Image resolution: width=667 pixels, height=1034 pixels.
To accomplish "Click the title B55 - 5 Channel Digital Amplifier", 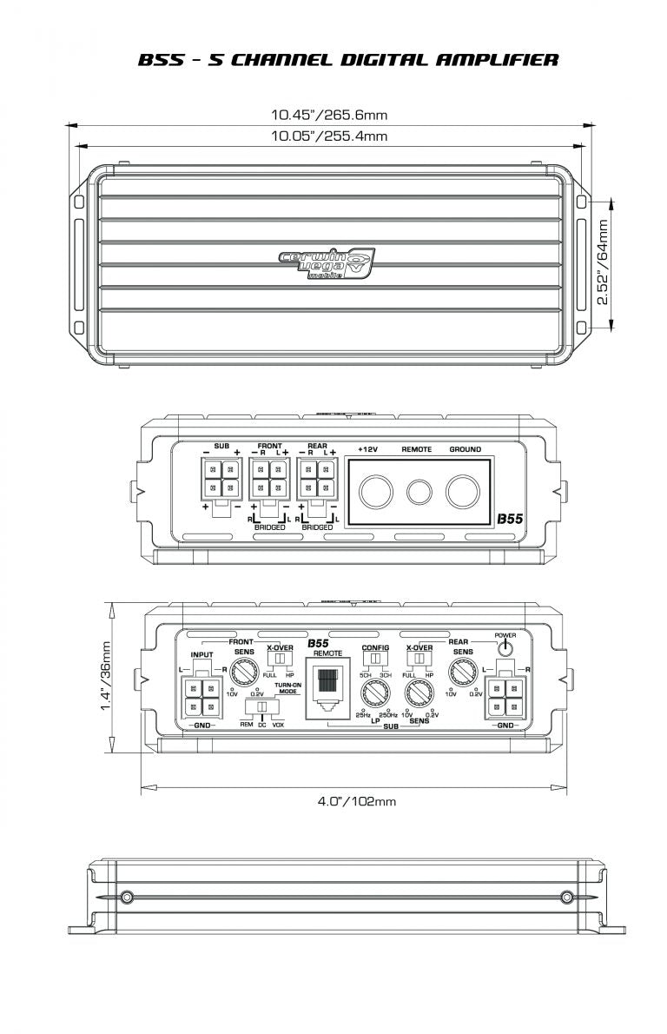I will click(x=347, y=60).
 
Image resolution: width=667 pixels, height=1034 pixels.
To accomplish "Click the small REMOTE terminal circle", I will click(x=419, y=492).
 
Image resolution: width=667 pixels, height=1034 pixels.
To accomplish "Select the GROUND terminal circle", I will click(x=465, y=491).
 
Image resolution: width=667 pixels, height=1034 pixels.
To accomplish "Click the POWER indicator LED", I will click(x=505, y=648).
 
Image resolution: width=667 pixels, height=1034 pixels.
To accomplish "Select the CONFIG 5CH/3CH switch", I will click(x=376, y=660).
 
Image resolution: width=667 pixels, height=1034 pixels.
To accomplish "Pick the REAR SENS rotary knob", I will click(x=461, y=672).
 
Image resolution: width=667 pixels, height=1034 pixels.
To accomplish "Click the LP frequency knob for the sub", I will click(x=375, y=694).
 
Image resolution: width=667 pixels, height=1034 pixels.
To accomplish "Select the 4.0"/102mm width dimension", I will click(x=356, y=801).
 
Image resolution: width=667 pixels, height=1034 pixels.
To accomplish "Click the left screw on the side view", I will click(x=128, y=896).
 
